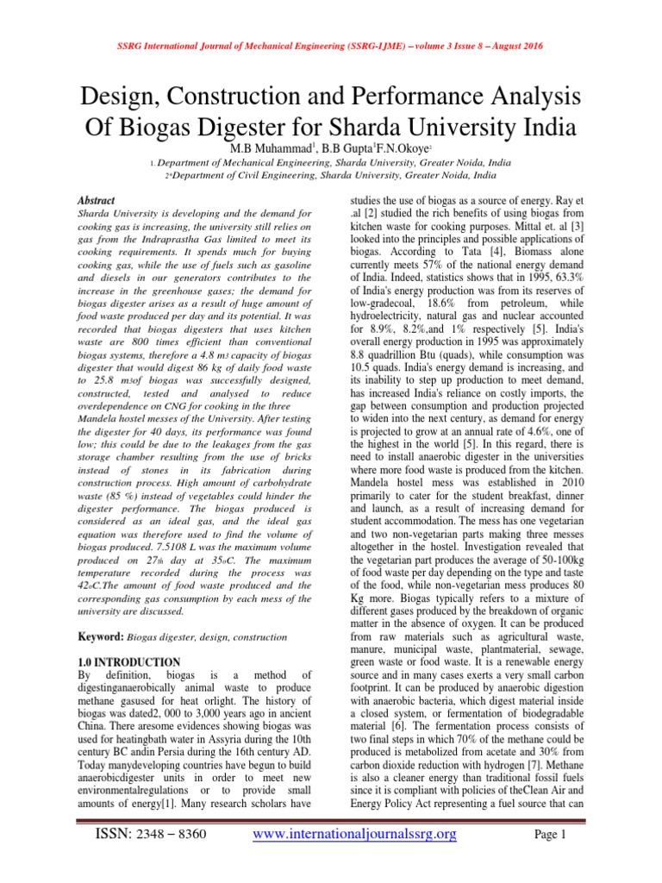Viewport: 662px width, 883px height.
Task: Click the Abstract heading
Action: [97, 200]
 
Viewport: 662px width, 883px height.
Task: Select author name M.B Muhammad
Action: [281, 149]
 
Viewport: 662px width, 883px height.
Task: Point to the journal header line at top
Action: [330, 45]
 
